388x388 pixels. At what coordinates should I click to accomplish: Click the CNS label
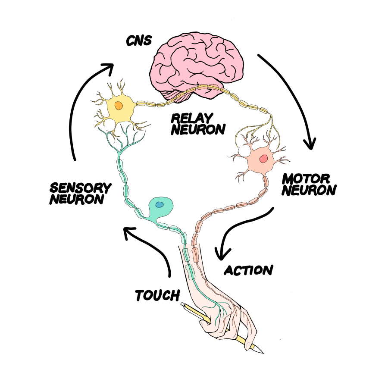tap(139, 41)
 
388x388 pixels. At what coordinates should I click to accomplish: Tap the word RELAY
tap(192, 118)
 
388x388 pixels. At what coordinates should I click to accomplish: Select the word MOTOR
tap(306, 178)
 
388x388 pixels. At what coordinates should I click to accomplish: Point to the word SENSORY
tap(81, 188)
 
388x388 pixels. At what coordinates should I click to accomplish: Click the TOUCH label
tap(157, 295)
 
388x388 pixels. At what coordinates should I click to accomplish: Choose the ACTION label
tap(248, 270)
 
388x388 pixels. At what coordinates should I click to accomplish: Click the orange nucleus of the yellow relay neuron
tap(119, 106)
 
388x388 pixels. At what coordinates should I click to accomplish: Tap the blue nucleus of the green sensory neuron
tap(160, 204)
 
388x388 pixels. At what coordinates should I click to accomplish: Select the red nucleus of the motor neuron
tap(263, 158)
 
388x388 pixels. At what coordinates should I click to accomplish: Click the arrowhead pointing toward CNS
tap(109, 68)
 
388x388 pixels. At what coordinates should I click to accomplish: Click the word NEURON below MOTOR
tap(309, 190)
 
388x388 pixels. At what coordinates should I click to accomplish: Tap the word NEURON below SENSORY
tap(77, 199)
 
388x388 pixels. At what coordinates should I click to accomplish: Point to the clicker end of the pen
tap(183, 305)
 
